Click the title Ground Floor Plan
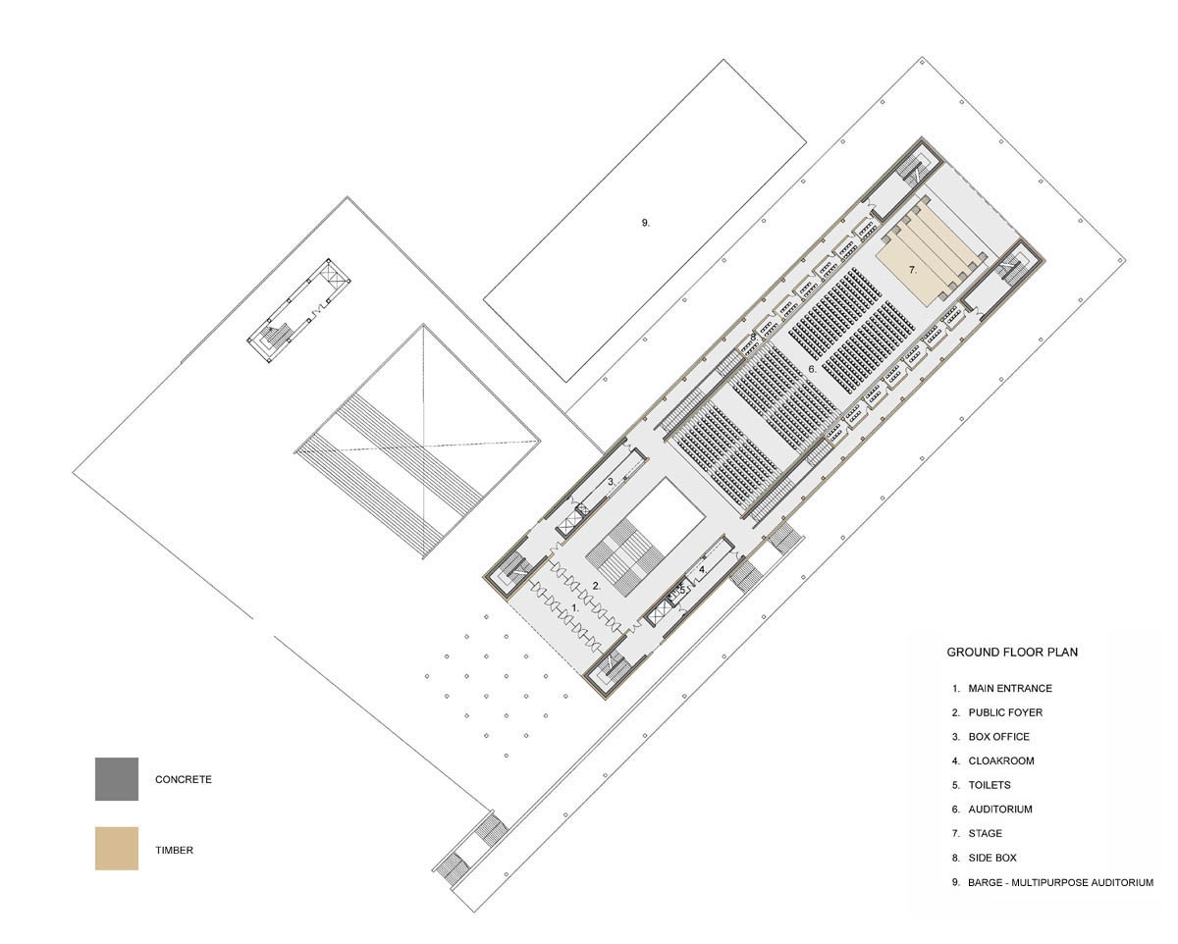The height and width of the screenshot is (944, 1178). [x=1012, y=652]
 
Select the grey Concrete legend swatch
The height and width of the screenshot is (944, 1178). [x=117, y=779]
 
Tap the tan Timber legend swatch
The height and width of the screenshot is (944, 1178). [x=117, y=848]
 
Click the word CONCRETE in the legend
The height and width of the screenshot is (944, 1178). [x=184, y=779]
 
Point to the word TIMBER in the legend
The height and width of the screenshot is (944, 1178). [x=174, y=850]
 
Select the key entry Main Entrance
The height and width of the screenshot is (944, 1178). [x=1001, y=688]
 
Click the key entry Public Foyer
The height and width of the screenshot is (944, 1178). [x=996, y=712]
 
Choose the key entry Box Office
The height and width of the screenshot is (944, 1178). [x=991, y=737]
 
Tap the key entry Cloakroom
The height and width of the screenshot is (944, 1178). [x=992, y=760]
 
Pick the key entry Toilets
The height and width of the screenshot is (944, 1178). [x=981, y=785]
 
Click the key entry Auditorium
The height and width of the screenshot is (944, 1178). [x=991, y=809]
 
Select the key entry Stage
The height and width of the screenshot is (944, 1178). [x=977, y=833]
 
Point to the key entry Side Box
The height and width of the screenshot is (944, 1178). [x=984, y=858]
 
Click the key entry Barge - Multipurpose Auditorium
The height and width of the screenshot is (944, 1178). [x=1052, y=881]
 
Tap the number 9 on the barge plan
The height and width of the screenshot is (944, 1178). [x=645, y=222]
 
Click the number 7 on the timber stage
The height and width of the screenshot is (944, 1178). [x=912, y=269]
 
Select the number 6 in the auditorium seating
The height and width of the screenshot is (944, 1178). [x=813, y=369]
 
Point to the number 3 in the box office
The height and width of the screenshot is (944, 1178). [x=611, y=482]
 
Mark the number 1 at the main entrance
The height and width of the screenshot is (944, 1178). [x=575, y=607]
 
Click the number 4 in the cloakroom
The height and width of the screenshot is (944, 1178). [x=702, y=569]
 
